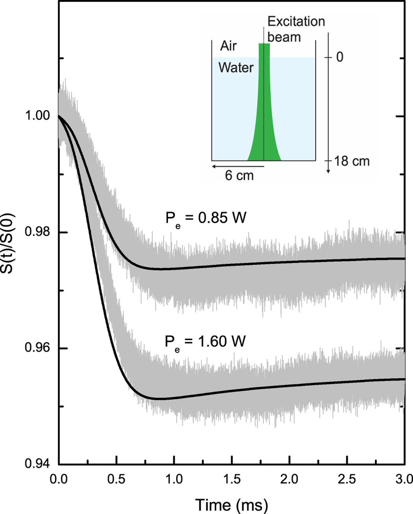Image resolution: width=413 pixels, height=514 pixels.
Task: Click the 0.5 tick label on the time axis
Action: point(116,479)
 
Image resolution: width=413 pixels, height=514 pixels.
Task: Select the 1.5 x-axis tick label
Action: point(232,479)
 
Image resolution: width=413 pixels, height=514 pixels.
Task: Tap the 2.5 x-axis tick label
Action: point(347,479)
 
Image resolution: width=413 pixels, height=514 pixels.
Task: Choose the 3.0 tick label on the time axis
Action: point(404,479)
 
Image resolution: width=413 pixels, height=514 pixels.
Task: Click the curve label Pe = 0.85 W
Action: point(205,218)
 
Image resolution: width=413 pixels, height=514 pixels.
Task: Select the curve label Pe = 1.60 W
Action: point(205,342)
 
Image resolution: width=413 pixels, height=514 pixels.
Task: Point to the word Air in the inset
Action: point(229,46)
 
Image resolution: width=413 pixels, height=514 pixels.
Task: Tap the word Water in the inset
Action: point(236,68)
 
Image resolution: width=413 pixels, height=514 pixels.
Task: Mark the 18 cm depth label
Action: point(352,161)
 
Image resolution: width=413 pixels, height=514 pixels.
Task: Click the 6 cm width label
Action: point(239,175)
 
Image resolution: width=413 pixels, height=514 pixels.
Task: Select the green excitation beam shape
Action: point(264,118)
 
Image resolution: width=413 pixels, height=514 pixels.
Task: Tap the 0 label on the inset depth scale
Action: point(339,57)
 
